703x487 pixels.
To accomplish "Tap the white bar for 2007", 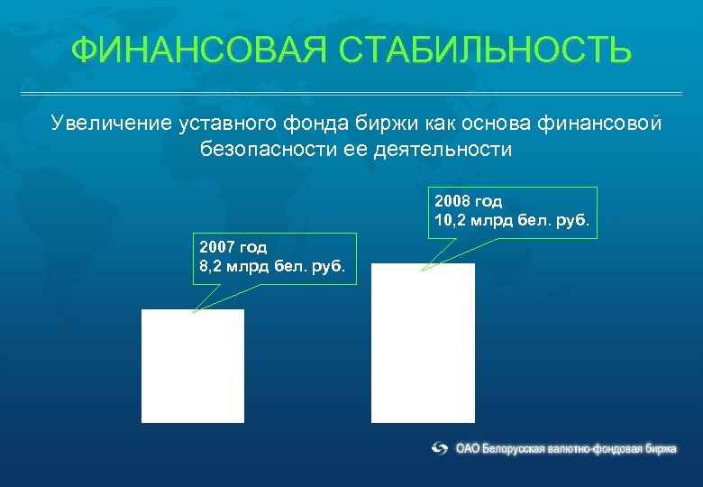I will pyautogui.click(x=193, y=366).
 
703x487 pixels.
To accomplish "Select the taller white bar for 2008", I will pyautogui.click(x=423, y=343).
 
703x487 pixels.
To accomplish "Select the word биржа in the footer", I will pyautogui.click(x=661, y=448).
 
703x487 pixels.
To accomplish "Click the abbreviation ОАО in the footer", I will pyautogui.click(x=468, y=448).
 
